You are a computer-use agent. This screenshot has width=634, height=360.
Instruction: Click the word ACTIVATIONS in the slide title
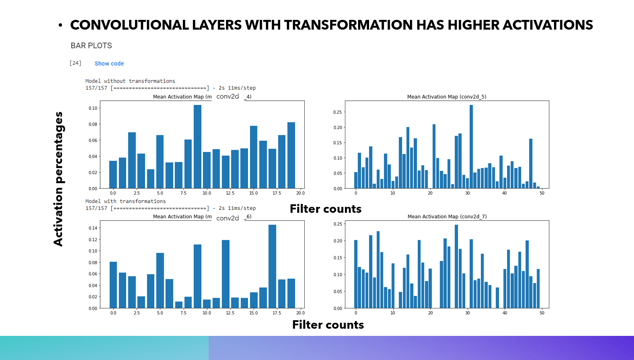click(x=548, y=25)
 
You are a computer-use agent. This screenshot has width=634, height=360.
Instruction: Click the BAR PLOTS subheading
click(x=91, y=46)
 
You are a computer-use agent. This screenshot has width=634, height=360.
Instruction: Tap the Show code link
click(x=109, y=63)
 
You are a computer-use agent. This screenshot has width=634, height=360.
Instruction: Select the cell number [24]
click(x=75, y=63)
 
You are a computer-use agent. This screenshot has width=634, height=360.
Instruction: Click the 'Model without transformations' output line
click(x=130, y=81)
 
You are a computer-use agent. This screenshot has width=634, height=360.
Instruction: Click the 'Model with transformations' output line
click(x=125, y=201)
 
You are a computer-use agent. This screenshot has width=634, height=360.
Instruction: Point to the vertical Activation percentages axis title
click(x=58, y=179)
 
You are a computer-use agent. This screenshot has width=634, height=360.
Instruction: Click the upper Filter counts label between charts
click(x=325, y=209)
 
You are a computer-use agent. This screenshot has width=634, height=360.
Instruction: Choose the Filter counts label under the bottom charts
click(x=328, y=324)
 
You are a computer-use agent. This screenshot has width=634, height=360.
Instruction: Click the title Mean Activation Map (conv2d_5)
click(x=447, y=96)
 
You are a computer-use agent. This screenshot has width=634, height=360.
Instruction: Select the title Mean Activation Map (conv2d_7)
click(x=447, y=216)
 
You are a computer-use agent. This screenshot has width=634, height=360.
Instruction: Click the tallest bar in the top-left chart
click(x=197, y=146)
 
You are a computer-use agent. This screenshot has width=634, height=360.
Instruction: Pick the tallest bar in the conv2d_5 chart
click(x=471, y=146)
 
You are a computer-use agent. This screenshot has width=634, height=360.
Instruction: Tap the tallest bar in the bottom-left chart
click(x=272, y=266)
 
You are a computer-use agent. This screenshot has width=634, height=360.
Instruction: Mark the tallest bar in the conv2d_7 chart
click(x=456, y=266)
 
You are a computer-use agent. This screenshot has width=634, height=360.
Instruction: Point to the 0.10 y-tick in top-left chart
click(x=93, y=108)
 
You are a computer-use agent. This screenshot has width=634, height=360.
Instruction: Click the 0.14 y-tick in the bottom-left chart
click(x=93, y=228)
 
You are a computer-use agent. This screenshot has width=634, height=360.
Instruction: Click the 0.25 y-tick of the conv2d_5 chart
click(x=337, y=112)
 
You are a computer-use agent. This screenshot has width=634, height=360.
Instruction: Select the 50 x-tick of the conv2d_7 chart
click(x=542, y=313)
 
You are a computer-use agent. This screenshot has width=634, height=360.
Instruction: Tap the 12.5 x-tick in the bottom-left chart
click(x=230, y=313)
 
